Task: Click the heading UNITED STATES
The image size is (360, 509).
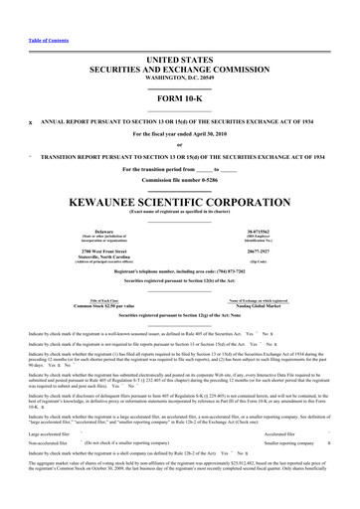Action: pos(179,61)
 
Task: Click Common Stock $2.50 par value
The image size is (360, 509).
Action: pos(76,306)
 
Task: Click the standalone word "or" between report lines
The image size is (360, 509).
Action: pos(179,145)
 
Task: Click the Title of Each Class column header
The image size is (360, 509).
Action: pos(76,300)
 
